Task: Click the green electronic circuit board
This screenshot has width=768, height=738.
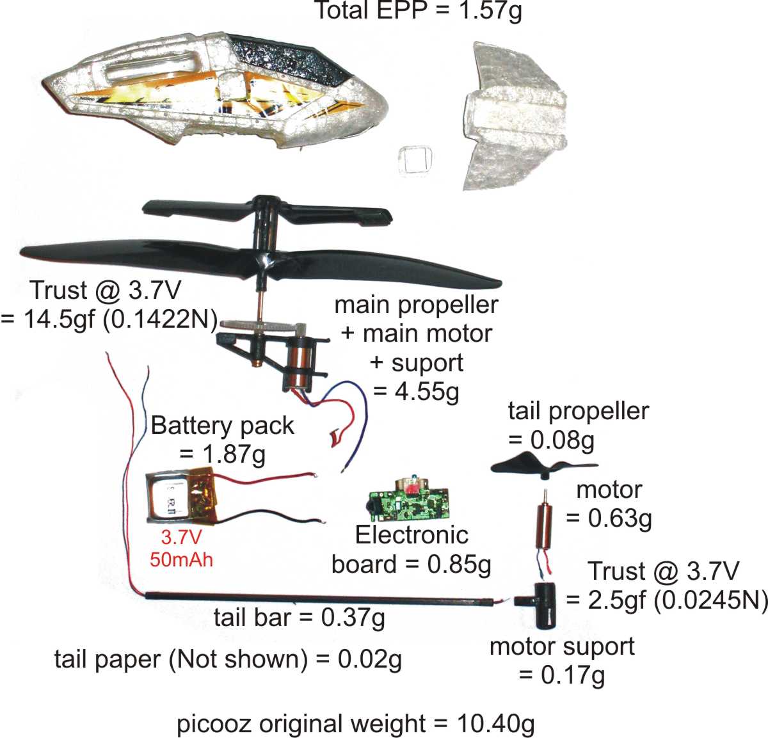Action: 409,501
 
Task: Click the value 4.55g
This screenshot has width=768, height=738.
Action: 427,392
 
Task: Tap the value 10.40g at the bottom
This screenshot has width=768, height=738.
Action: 496,723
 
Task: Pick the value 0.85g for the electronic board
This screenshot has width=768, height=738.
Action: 459,565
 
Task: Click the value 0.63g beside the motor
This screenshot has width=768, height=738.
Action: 620,518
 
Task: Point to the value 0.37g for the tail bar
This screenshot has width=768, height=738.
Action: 353,618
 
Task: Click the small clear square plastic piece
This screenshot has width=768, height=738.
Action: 415,160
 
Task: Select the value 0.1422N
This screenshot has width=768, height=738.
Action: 161,319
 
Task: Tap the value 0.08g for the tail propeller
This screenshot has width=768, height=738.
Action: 562,440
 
